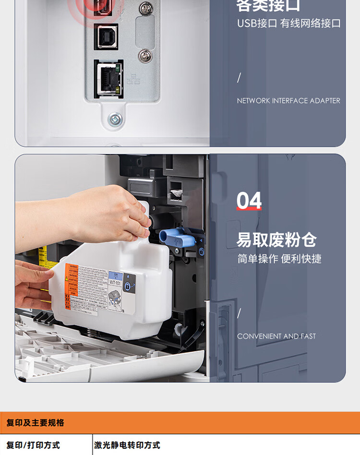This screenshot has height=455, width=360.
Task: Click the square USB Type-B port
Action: pyautogui.click(x=106, y=36)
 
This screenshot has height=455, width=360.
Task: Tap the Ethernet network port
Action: pyautogui.click(x=108, y=79)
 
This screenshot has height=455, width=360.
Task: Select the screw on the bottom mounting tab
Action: pyautogui.click(x=115, y=118)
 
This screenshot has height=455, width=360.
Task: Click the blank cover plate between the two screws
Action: pyautogui.click(x=144, y=32)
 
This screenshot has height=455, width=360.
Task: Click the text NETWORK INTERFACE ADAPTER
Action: pyautogui.click(x=288, y=101)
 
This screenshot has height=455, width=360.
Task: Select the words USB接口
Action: pyautogui.click(x=257, y=23)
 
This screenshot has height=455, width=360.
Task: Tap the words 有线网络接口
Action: pyautogui.click(x=311, y=23)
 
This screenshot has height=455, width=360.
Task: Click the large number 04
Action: pyautogui.click(x=249, y=201)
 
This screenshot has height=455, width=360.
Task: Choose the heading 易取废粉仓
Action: pyautogui.click(x=276, y=239)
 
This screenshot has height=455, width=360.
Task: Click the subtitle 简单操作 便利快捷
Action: pyautogui.click(x=279, y=259)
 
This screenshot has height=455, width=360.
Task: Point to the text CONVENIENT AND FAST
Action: pyautogui.click(x=276, y=336)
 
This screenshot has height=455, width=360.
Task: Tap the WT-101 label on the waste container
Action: pyautogui.click(x=115, y=283)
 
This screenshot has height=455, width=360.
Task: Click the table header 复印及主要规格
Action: pyautogui.click(x=36, y=423)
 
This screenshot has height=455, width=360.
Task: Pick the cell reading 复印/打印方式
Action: pyautogui.click(x=33, y=445)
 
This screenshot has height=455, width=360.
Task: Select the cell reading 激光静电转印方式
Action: pyautogui.click(x=127, y=445)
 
